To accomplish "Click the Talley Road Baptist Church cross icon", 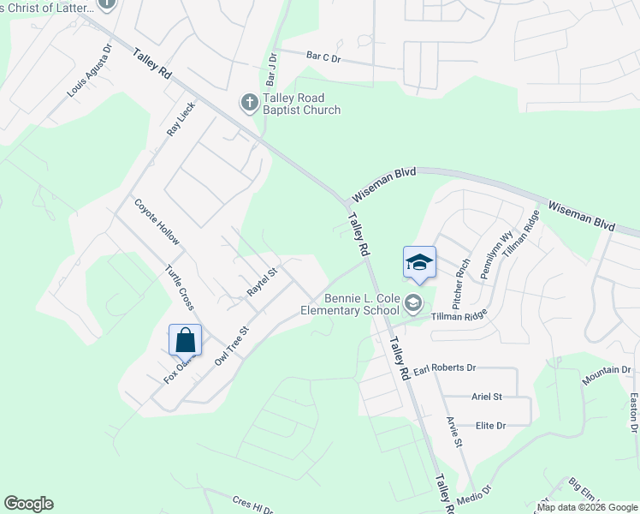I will tap(248, 104).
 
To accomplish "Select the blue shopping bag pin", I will tap(186, 340).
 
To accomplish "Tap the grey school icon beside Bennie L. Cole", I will tap(413, 302).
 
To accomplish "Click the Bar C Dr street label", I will tap(323, 58).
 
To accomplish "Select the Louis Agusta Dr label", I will tap(90, 70).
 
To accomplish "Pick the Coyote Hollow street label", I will tap(157, 221).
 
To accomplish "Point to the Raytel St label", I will tap(263, 282).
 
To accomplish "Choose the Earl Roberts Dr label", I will tap(444, 368).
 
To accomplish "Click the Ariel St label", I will tap(486, 397).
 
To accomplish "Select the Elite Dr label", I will tap(490, 425).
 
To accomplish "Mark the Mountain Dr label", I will tap(606, 370).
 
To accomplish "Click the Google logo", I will tap(28, 504).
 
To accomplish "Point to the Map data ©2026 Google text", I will tap(587, 507).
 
